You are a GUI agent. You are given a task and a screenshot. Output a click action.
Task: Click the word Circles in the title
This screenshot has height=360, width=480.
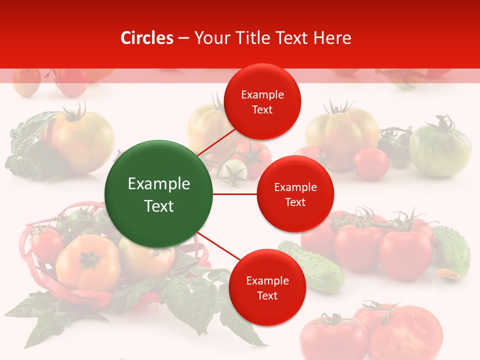pos(147,38)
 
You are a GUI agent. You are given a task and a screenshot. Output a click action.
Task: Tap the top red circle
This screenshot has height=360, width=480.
pos(262,101)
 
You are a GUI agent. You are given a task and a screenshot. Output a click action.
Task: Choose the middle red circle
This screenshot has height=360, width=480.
pos(295,194)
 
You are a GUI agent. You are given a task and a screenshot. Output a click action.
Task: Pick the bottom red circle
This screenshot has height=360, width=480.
pos(267,287)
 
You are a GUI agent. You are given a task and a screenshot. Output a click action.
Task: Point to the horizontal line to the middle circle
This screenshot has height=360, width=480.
pos(234,194)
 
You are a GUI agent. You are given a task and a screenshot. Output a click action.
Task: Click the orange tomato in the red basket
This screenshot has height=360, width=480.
pos(88,262)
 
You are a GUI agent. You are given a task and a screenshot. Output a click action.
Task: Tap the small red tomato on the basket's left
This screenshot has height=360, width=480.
pos(46,244)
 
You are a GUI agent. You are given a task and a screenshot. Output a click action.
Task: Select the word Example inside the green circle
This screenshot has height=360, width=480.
pos(158,184)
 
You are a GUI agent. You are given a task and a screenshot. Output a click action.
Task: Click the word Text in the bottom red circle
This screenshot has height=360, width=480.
pos(267,295)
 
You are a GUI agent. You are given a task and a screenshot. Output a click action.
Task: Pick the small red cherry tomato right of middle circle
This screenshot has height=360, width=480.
pos(370,164)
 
